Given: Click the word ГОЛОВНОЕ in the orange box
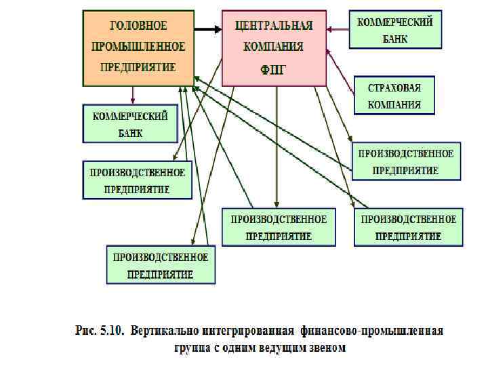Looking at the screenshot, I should pos(138,26).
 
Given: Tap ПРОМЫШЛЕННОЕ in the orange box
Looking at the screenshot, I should pos(138,46).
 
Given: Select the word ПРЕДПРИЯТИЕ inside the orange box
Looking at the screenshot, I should pos(138,67).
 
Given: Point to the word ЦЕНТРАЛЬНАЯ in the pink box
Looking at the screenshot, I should pos(274,26).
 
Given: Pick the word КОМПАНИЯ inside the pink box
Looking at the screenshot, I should pos(274,47).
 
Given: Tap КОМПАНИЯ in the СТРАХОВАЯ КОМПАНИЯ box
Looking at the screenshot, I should pos(394,105).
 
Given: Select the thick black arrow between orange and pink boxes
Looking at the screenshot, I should pos(207,29).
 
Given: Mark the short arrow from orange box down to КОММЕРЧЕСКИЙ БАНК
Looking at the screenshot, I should pos(133,95).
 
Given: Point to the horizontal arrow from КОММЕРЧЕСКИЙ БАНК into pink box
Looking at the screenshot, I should pos(337,29).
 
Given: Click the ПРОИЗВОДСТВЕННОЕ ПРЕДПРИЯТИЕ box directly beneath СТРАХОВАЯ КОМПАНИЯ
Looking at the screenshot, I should pos(406,161).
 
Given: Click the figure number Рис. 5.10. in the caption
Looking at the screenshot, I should pos(100,331).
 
